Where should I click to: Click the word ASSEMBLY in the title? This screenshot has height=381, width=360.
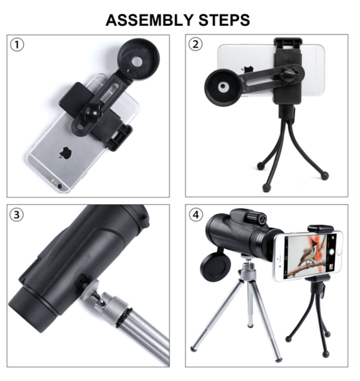click(149, 20)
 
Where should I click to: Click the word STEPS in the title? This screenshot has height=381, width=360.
click(224, 20)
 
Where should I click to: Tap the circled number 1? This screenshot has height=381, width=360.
click(17, 45)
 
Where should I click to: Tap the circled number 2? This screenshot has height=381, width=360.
click(196, 44)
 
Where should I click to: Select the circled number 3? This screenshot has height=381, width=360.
click(17, 215)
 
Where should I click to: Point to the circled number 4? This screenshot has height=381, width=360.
click(196, 215)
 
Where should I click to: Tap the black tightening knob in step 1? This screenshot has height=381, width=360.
click(91, 113)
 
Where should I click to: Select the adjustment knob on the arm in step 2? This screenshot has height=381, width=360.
click(289, 76)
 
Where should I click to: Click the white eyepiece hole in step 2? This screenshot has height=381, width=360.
click(223, 87)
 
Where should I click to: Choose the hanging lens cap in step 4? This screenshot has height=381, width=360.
click(215, 266)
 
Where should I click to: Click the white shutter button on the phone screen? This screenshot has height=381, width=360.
click(331, 252)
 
